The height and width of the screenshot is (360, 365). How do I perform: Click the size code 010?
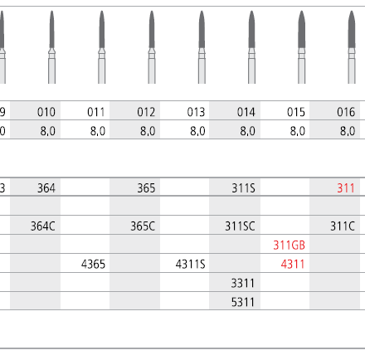point(46,112)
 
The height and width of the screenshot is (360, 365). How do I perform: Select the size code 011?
point(96,112)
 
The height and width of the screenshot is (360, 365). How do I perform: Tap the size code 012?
point(146,112)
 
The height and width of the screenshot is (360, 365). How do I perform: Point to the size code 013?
point(196,112)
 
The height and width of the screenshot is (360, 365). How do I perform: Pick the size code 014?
point(246,112)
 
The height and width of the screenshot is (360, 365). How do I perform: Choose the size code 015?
point(296,112)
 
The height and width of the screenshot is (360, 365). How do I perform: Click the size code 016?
point(346,112)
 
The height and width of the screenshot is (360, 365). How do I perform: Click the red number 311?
point(346,188)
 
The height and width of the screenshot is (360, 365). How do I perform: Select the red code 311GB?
point(289,246)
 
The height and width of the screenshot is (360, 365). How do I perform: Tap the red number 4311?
point(293,264)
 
